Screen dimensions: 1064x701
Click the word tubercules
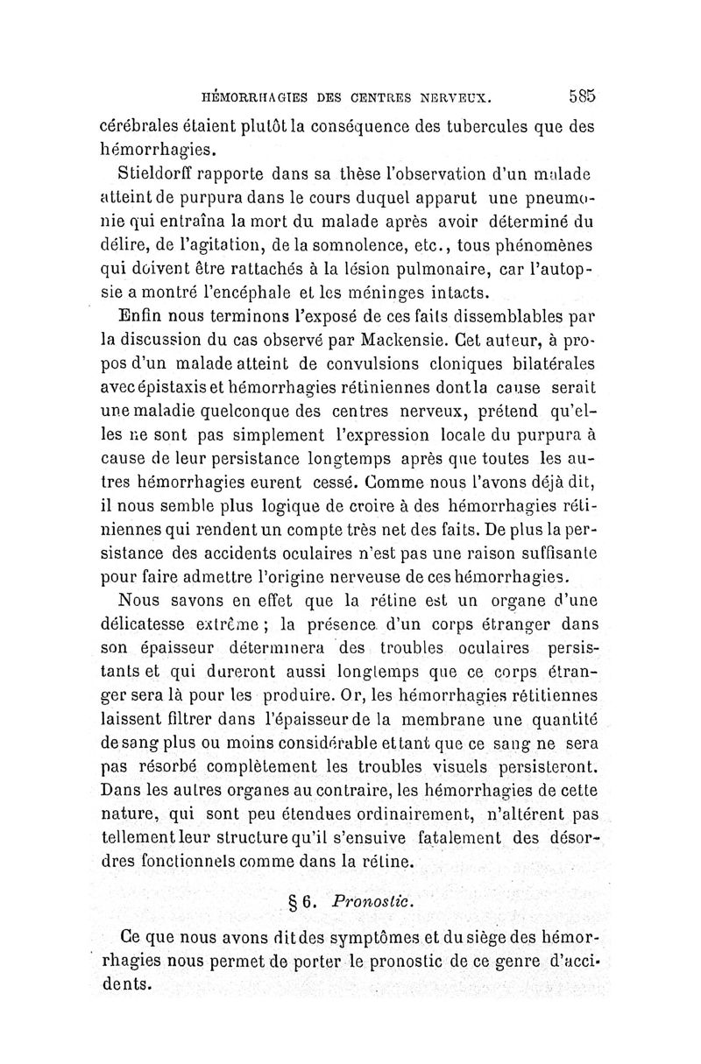point(464,124)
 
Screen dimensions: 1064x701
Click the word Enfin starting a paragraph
point(144,311)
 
